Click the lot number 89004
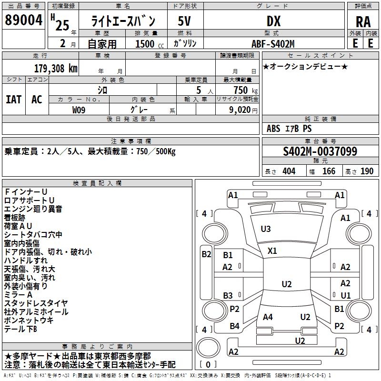[x=23, y=21]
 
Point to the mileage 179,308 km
[x=56, y=68]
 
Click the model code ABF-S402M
[x=273, y=43]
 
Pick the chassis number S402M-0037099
[x=320, y=151]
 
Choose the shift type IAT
[x=13, y=99]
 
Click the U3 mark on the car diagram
[x=266, y=229]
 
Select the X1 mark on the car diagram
[x=272, y=251]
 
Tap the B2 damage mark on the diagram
[x=206, y=254]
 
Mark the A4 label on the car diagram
[x=268, y=317]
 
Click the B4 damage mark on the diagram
[x=234, y=326]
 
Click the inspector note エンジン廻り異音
[x=33, y=209]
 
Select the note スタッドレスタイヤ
[x=36, y=303]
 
